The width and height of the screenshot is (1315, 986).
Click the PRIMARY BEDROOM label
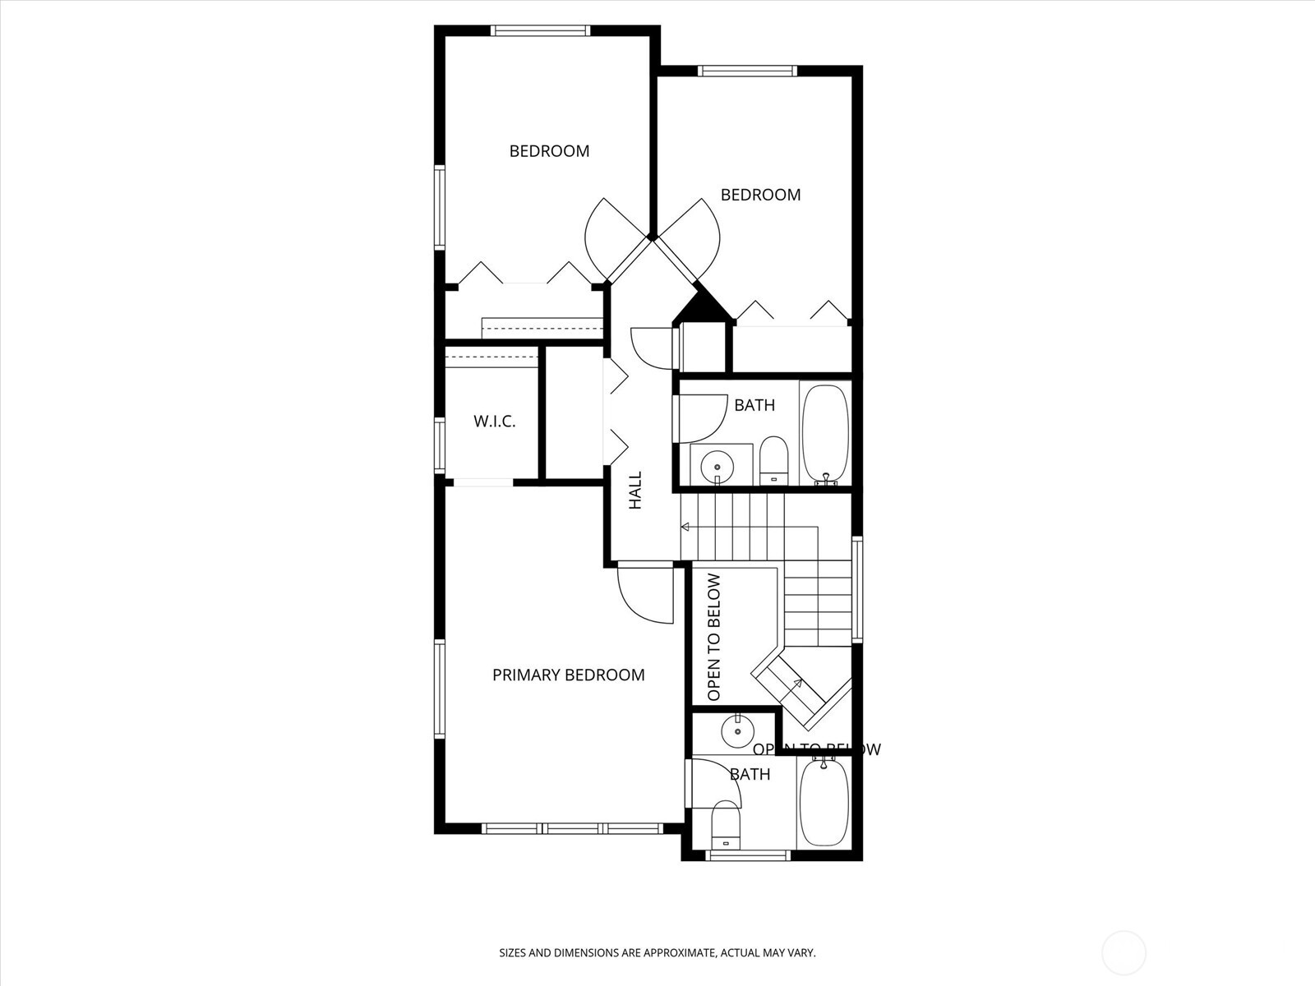568,675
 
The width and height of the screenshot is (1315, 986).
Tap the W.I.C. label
494,422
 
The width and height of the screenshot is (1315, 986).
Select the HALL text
635,491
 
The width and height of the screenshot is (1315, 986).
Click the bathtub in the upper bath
824,432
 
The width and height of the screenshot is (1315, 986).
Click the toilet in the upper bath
773,461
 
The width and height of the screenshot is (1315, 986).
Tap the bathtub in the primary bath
824,802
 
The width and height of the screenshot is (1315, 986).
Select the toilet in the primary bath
726,825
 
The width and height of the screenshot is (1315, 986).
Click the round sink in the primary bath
737,729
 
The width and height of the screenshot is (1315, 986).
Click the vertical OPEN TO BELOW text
713,637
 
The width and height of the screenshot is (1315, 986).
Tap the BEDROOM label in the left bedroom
549,151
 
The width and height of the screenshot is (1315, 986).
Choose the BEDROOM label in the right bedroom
760,195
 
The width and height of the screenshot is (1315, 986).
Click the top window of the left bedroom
540,31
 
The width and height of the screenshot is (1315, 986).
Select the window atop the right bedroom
747,71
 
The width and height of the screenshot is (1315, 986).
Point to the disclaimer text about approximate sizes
657,953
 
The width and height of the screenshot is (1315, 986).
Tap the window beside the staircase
856,588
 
